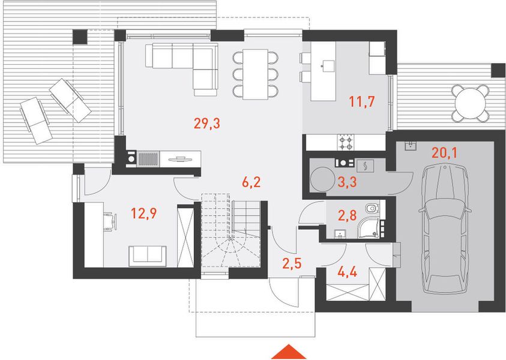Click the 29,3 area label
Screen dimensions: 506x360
click(207, 123)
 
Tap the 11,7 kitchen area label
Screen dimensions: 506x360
click(362, 101)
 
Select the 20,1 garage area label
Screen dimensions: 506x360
click(444, 153)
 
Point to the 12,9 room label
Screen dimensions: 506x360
click(143, 213)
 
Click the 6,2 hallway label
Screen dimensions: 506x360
click(251, 182)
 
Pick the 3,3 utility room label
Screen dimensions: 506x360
click(347, 182)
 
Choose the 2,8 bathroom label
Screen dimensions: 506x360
click(347, 215)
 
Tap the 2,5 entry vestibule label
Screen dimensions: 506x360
click(292, 263)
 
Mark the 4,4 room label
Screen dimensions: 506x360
click(347, 272)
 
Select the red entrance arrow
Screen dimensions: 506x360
click(289, 352)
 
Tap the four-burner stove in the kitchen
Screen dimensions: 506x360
click(346, 142)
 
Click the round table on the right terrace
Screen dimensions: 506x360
click(469, 103)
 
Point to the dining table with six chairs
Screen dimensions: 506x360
click(255, 74)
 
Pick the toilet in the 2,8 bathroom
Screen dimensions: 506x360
click(373, 208)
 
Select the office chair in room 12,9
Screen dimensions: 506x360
click(110, 221)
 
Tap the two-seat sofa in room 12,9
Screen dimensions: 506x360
click(148, 256)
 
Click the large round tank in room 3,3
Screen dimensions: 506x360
click(322, 180)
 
